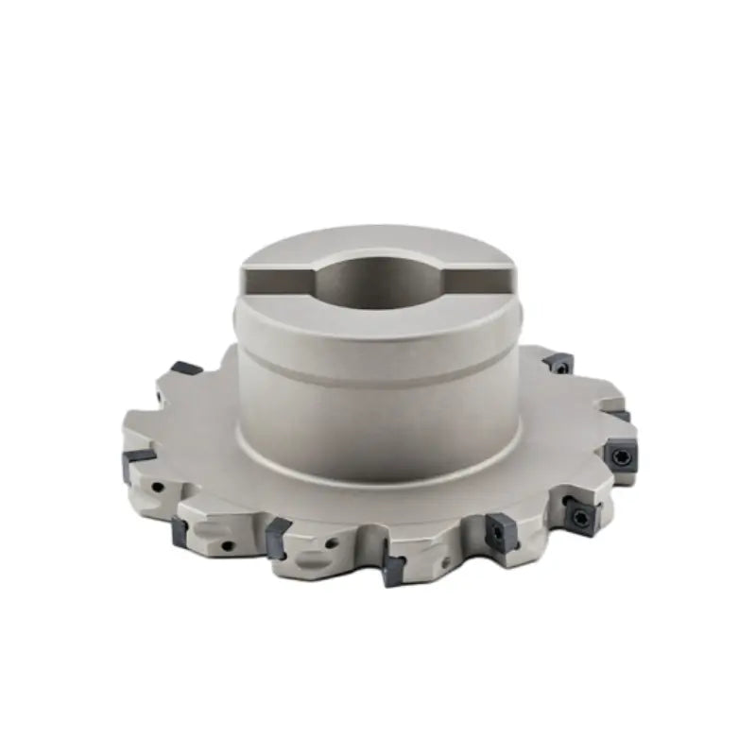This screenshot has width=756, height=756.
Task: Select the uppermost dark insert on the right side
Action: tap(558, 361)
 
